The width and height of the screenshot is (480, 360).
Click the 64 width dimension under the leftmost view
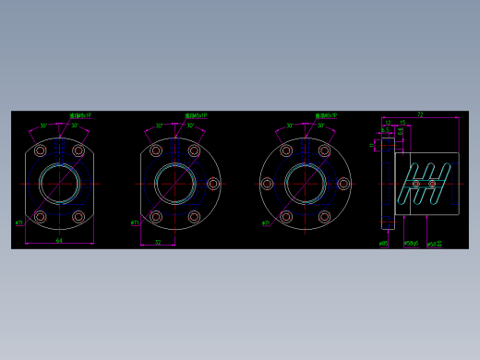point(59,240)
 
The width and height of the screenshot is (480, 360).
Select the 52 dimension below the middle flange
point(158,242)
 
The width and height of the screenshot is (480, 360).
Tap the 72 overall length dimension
point(420,114)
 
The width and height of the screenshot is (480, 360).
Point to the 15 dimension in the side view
point(402,123)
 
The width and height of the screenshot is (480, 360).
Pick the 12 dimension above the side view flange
point(388,123)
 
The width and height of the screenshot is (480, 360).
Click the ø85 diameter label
point(383,244)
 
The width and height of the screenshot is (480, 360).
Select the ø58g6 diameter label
point(411,244)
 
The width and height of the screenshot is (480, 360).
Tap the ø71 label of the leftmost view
point(19,222)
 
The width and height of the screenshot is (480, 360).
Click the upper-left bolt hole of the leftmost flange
point(40,150)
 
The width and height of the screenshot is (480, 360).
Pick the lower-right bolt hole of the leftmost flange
point(78,217)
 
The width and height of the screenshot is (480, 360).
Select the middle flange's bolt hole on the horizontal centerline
point(213,184)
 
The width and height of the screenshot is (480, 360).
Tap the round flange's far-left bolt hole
point(267,184)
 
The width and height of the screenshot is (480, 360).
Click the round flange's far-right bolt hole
point(343,184)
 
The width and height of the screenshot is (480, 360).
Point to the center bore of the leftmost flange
point(59,183)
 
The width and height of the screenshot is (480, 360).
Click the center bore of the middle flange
point(174,183)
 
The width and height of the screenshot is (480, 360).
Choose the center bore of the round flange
point(306,183)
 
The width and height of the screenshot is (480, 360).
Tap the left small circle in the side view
point(415,184)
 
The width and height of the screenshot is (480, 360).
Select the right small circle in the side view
point(432,184)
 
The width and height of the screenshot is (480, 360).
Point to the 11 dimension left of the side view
point(373,145)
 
